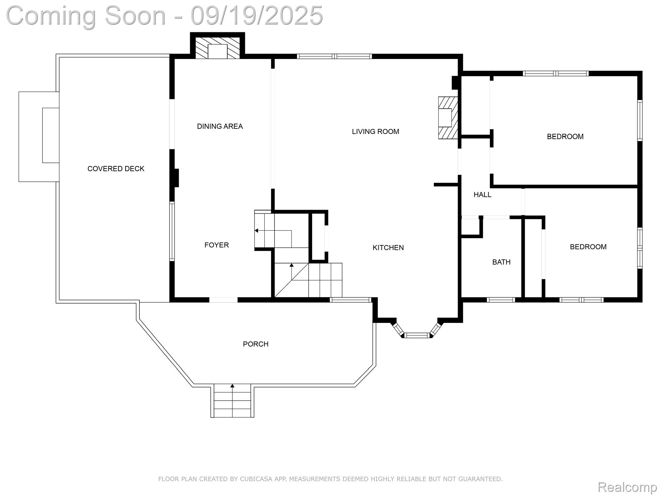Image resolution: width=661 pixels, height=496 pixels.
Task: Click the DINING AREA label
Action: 220,126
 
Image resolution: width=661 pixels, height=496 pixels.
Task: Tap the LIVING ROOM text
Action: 375,131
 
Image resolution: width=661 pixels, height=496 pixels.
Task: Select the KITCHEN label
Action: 388,248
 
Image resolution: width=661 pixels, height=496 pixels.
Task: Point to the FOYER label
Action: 217,245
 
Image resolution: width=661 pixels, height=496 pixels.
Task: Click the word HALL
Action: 482,195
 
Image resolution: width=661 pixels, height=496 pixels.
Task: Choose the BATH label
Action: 501,262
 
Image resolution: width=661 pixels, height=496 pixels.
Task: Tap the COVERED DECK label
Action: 116,169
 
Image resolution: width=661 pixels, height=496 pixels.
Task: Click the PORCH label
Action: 256,344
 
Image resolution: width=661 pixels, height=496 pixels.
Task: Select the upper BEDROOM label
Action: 565,137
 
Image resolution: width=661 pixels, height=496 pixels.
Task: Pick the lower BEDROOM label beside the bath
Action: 588,247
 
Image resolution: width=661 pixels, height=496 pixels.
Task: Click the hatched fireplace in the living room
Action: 448,118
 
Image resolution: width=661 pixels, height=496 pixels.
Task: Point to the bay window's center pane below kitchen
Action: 417,336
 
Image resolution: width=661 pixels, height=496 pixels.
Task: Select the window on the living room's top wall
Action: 334,57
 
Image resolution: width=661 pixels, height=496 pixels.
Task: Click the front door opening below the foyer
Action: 223,300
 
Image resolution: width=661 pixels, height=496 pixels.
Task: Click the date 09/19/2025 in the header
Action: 257,15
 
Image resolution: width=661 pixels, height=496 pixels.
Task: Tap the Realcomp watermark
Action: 627,487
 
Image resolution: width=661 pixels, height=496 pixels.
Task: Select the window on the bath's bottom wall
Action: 501,300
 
